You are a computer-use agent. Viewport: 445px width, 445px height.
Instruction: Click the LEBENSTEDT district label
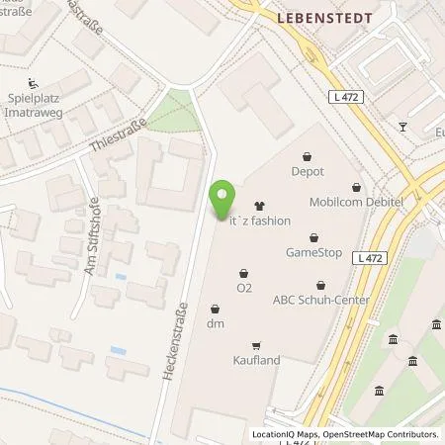(x=305, y=18)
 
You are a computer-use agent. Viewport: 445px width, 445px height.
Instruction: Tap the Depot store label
(x=308, y=171)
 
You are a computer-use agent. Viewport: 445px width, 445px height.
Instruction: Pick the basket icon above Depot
(x=308, y=155)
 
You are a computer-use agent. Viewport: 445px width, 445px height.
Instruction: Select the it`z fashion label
(x=260, y=222)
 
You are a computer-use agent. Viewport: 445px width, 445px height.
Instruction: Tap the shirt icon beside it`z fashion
(x=259, y=207)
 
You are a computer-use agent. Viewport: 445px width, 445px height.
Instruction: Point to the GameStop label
(x=314, y=252)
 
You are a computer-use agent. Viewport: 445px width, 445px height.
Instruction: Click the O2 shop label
(x=244, y=289)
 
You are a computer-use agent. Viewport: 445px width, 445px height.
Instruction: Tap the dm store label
(x=215, y=323)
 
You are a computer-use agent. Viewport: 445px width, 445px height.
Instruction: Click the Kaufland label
(x=257, y=360)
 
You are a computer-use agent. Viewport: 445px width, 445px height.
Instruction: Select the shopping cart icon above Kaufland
(x=257, y=345)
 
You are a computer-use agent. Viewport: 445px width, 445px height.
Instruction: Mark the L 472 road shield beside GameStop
(x=370, y=257)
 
